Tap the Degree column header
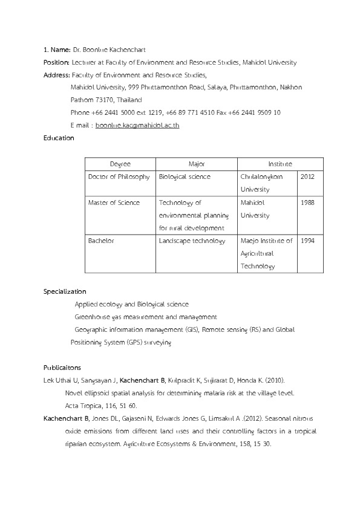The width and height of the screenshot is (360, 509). tap(120, 164)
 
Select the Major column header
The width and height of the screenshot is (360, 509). tap(197, 164)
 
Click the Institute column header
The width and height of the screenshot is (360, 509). tap(280, 164)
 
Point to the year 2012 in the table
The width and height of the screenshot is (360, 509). tap(307, 177)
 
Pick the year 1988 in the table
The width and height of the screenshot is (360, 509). tap(307, 203)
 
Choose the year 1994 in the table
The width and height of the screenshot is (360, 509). tap(307, 241)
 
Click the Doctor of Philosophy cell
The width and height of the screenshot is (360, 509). tap(119, 177)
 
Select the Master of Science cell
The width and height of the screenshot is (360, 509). tap(114, 203)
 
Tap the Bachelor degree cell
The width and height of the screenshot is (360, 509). tap(101, 241)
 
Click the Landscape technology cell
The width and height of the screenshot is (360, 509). tap(192, 241)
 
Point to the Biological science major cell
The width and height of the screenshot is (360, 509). tap(185, 177)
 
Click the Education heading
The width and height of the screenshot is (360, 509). tap(59, 138)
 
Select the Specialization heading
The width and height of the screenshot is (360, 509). tap(65, 291)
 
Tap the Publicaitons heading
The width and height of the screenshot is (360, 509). tap(62, 367)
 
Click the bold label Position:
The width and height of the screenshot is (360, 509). tap(56, 62)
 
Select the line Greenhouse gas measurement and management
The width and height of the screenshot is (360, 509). tap(145, 317)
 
